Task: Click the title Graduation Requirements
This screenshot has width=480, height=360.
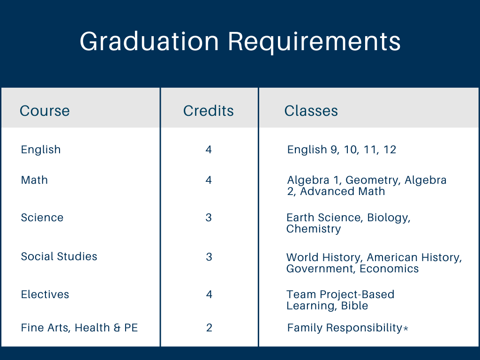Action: (x=240, y=42)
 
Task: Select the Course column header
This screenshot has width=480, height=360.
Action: (x=45, y=111)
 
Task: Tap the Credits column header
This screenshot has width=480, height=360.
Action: (x=209, y=111)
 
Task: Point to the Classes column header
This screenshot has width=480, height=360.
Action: (x=311, y=111)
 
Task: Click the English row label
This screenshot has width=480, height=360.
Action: (x=41, y=150)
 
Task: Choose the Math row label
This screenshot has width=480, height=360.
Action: (x=34, y=180)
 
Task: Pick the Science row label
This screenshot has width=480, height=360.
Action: (x=42, y=218)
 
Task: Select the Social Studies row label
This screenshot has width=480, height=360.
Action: (x=59, y=257)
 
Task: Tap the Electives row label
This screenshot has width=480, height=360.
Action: (x=45, y=295)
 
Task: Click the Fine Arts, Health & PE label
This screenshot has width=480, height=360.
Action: (x=79, y=328)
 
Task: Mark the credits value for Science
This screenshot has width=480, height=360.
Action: (x=209, y=218)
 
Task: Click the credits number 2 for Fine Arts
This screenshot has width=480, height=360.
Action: (x=209, y=328)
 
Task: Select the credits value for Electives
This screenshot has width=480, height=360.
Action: (x=209, y=295)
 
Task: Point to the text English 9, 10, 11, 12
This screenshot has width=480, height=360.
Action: (x=342, y=150)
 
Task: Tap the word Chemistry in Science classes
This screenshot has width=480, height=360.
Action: (x=314, y=229)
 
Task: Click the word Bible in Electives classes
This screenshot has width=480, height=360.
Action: (x=355, y=306)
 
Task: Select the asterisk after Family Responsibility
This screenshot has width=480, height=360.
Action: (x=406, y=329)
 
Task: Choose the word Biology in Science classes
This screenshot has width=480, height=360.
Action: (x=389, y=218)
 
